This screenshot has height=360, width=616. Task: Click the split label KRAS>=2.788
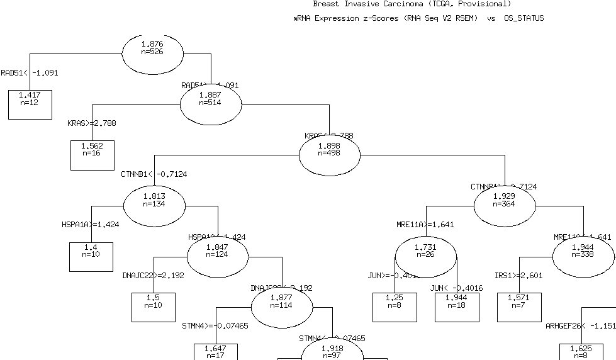(92, 123)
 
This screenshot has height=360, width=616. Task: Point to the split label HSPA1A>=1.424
(90, 224)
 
